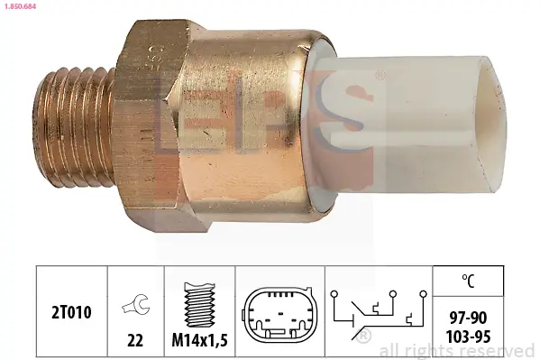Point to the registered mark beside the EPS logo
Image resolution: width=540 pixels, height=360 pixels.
coord(380,73)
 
